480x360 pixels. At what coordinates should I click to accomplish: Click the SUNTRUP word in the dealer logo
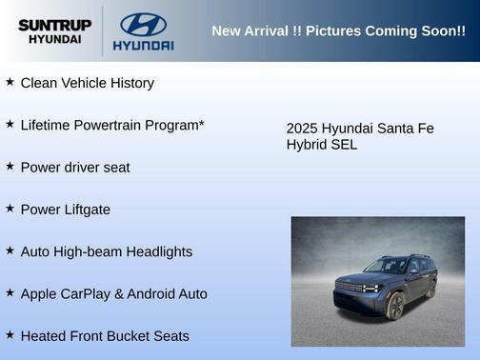click(55, 24)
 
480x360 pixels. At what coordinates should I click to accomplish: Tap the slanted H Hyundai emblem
click(143, 24)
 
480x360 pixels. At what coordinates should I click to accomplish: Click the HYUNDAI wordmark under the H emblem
click(143, 45)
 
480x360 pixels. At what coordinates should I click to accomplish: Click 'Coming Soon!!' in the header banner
click(421, 31)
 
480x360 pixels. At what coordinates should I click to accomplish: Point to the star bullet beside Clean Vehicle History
click(10, 82)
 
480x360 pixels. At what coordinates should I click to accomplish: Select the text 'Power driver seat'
click(75, 168)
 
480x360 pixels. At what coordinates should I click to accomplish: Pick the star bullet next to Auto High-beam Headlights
click(10, 250)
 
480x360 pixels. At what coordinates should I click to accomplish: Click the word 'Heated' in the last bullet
click(44, 336)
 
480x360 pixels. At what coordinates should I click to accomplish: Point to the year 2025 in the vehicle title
click(302, 129)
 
